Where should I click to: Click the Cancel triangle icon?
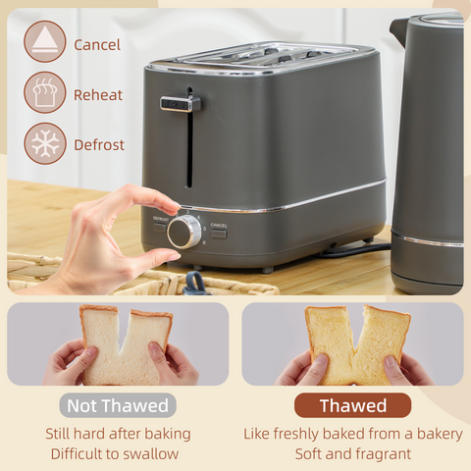coord(45,43)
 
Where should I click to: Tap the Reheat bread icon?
coord(45,93)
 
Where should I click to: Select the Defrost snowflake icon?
coord(45,143)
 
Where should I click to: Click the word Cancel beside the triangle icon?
coord(97,44)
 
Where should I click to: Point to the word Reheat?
coord(98,94)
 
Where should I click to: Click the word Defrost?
coord(99,144)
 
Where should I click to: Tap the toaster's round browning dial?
coord(183,232)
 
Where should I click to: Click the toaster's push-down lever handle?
coord(182,103)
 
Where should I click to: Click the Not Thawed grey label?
coord(118,405)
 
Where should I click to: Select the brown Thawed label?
coord(353,405)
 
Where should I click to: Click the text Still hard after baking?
coord(118,433)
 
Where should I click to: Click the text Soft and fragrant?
coord(353,453)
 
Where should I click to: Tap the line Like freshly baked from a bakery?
coord(353,433)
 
